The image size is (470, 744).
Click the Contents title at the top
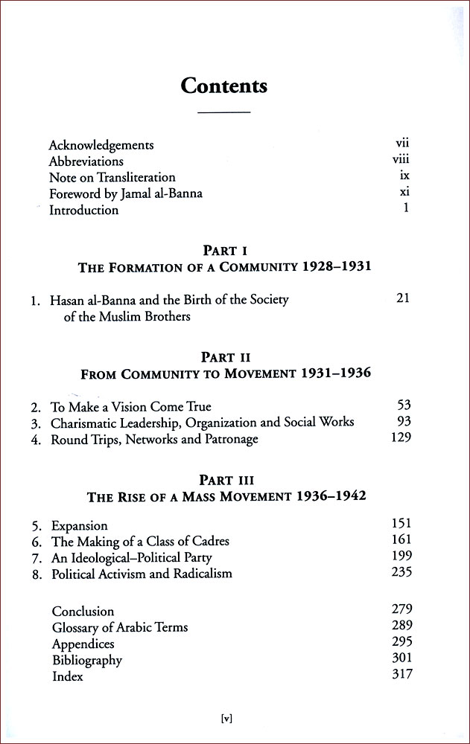(224, 86)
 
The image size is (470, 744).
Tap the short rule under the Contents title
(224, 112)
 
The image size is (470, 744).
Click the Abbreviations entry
(86, 161)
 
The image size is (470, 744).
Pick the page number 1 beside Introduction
(407, 209)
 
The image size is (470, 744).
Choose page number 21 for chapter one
(403, 299)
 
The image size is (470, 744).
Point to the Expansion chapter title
(80, 526)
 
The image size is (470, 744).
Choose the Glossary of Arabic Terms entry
(120, 627)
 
